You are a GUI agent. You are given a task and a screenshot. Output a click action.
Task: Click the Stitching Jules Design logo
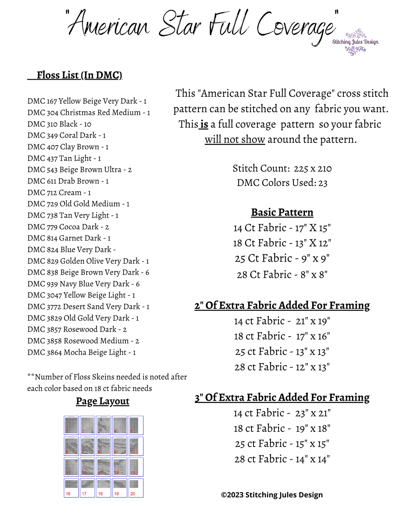tap(355, 42)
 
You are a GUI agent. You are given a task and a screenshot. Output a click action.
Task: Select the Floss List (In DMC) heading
tap(79, 75)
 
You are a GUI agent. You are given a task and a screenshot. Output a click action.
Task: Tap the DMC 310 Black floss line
tap(59, 124)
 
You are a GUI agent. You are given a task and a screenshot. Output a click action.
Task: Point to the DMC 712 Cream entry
tap(59, 192)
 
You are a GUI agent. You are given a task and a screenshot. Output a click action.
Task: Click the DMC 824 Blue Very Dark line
tap(71, 249)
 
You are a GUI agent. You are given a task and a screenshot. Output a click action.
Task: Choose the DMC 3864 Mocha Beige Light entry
tap(81, 352)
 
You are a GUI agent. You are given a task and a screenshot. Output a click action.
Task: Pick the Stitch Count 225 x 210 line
tap(282, 168)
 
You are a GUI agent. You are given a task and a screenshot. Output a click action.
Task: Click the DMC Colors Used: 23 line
tap(282, 183)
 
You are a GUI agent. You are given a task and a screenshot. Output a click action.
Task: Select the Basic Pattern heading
tap(282, 212)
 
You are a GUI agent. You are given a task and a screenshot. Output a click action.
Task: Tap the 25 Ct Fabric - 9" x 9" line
tap(282, 258)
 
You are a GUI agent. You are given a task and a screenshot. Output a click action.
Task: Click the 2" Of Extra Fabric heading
tap(282, 305)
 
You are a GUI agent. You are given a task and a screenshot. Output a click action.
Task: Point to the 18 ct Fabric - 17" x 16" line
tap(282, 336)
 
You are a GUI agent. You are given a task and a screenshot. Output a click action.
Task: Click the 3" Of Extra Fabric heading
tap(282, 397)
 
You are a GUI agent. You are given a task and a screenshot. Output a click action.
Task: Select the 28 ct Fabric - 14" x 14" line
tap(282, 459)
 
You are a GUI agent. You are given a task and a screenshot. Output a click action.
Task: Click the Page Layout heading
tap(103, 401)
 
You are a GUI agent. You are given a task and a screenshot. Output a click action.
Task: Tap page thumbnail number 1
tap(71, 425)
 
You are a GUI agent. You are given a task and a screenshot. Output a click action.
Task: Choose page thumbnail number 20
tap(136, 488)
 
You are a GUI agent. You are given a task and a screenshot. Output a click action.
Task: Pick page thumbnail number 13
tap(103, 467)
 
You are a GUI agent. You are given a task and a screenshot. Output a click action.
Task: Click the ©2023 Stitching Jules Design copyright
tap(272, 495)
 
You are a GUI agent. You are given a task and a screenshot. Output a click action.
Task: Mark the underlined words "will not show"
tap(235, 139)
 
